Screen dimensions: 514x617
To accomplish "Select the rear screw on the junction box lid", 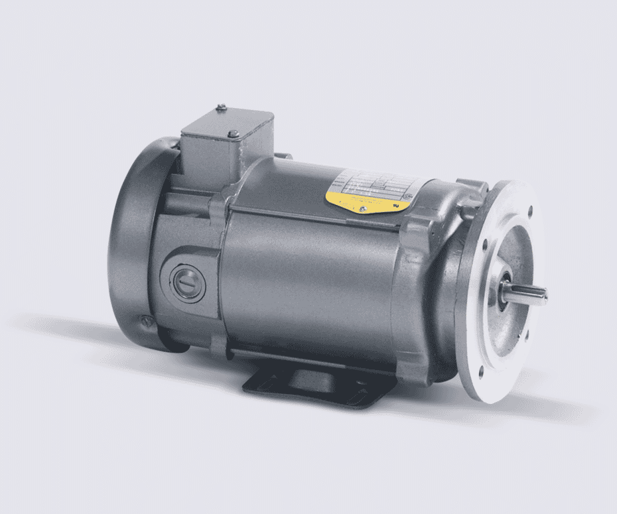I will (222, 107).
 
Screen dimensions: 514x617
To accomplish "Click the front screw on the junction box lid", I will (233, 135).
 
